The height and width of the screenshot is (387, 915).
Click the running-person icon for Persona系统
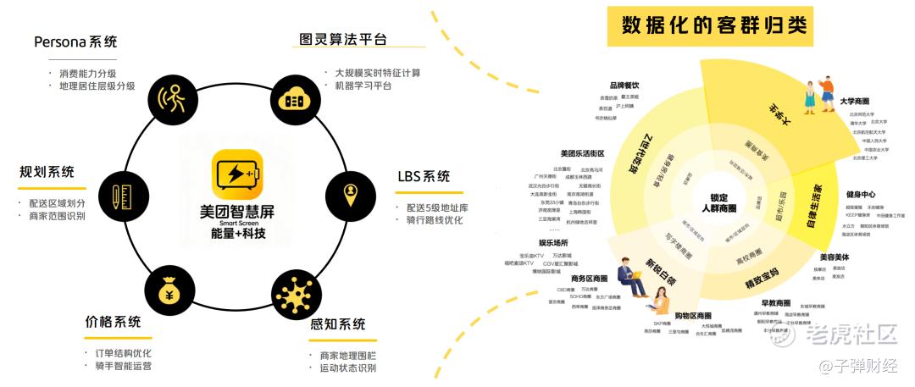[174, 99]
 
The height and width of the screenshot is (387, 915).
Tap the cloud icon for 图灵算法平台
[294, 98]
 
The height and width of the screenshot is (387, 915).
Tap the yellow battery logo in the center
[232, 174]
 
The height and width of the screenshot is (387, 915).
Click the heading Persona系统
[75, 41]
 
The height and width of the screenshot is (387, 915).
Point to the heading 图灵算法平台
[343, 39]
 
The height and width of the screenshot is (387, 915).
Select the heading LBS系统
[424, 177]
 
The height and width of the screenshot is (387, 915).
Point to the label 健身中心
[861, 194]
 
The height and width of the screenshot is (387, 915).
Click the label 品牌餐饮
[624, 85]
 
